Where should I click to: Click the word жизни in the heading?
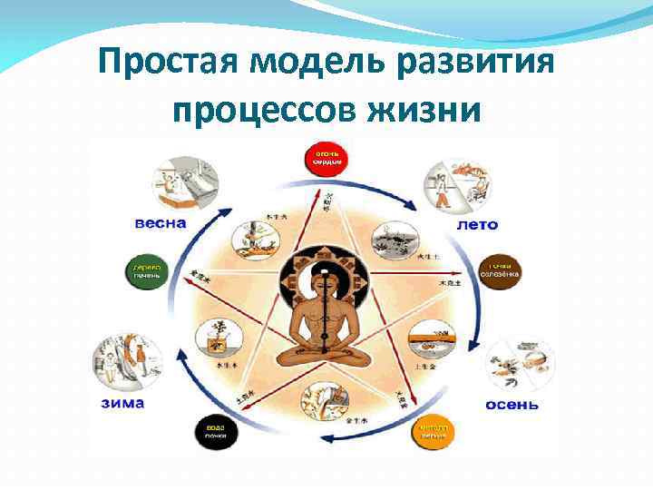point(423,112)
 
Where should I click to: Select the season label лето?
point(476,224)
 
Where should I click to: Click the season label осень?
point(512,403)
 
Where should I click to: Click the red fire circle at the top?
point(327,160)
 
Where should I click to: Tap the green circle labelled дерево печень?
point(146,272)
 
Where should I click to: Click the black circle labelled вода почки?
point(215,433)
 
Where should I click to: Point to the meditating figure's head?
point(324,274)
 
